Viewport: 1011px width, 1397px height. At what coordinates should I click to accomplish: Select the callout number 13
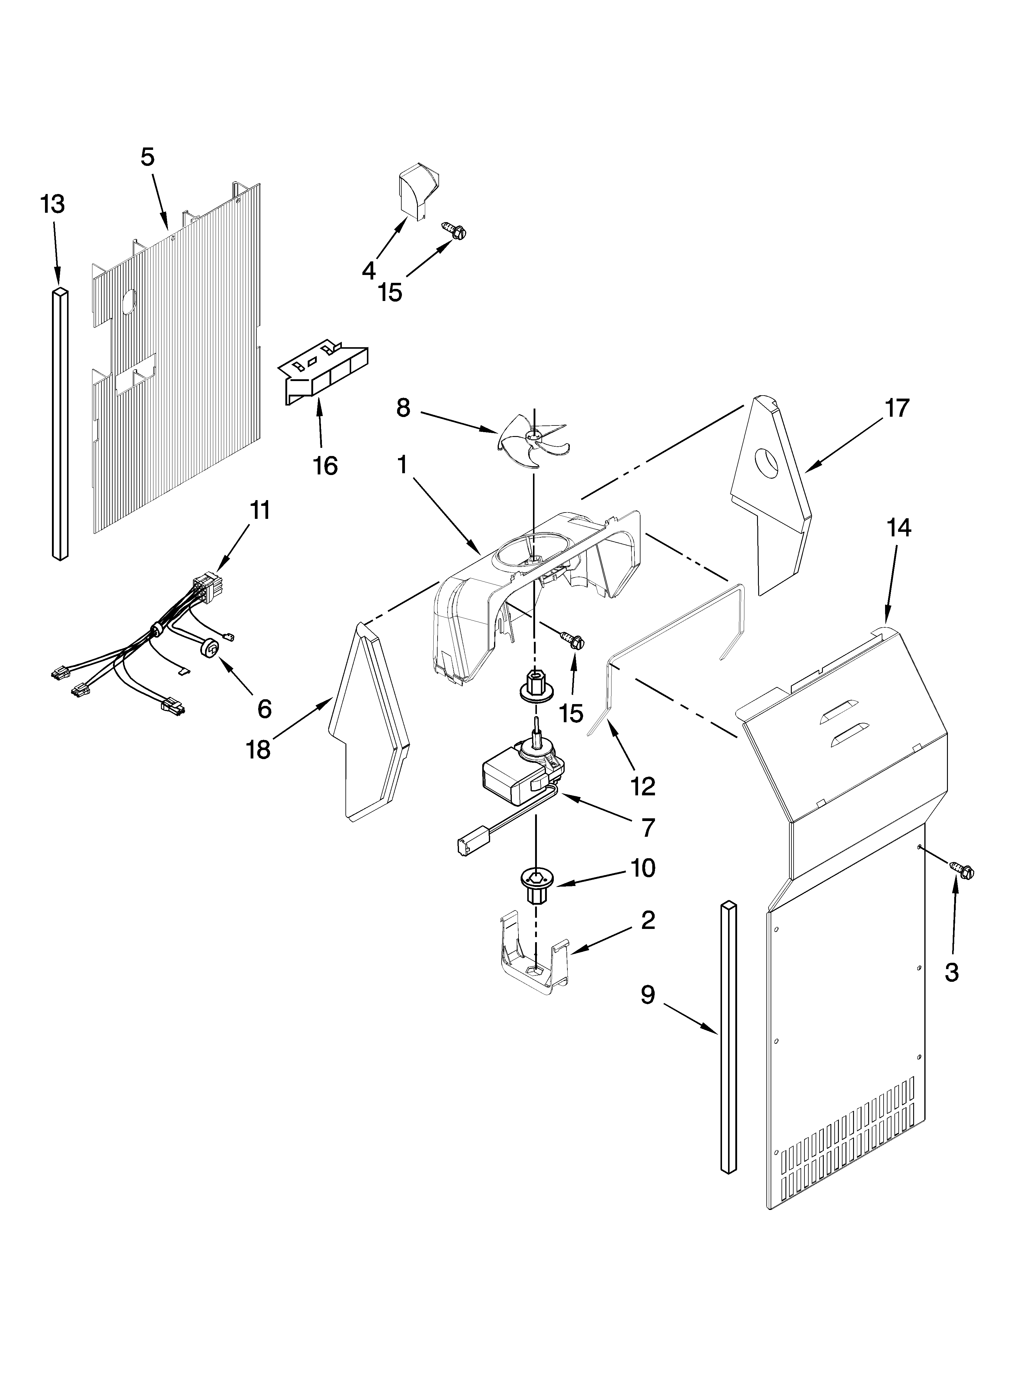53,204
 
